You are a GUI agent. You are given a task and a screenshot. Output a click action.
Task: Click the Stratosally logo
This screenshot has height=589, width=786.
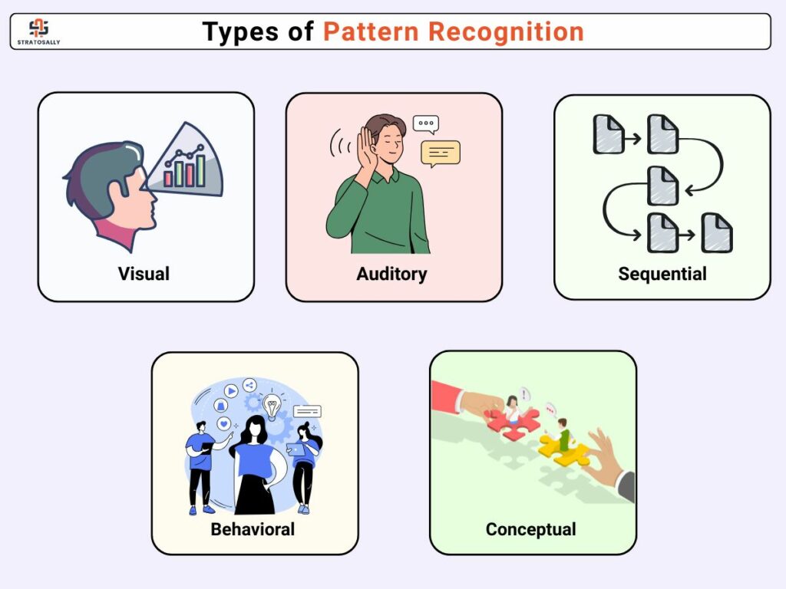pyautogui.click(x=38, y=31)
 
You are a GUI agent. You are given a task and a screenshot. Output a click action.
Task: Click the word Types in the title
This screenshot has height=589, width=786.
pyautogui.click(x=240, y=32)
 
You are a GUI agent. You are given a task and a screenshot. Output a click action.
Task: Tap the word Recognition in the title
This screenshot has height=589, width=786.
pyautogui.click(x=506, y=32)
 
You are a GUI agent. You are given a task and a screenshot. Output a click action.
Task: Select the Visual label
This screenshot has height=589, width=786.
pyautogui.click(x=144, y=274)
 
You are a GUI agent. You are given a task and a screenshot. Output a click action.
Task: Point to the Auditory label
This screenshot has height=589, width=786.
pyautogui.click(x=391, y=275)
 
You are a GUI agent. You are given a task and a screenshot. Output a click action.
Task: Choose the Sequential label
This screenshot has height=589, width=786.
pyautogui.click(x=662, y=274)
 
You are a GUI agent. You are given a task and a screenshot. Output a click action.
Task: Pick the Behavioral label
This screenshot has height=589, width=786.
pyautogui.click(x=253, y=529)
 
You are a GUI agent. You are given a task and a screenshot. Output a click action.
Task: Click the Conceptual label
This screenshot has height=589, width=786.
pyautogui.click(x=531, y=530)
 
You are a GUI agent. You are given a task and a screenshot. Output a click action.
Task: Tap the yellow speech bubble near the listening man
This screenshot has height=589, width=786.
pyautogui.click(x=441, y=154)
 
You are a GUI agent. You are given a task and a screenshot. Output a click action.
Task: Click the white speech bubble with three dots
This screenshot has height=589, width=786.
pyautogui.click(x=426, y=124)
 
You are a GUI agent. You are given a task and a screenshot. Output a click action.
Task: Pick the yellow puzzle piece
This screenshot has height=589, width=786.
pyautogui.click(x=564, y=450)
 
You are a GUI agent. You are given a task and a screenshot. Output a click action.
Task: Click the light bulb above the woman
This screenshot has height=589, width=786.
pyautogui.click(x=272, y=406)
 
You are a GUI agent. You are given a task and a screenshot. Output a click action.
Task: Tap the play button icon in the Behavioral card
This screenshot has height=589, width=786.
pyautogui.click(x=231, y=390)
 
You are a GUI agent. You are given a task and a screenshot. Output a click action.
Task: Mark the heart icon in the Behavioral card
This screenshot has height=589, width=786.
pyautogui.click(x=224, y=423)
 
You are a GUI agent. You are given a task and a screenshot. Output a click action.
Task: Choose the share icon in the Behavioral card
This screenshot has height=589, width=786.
pyautogui.click(x=249, y=385)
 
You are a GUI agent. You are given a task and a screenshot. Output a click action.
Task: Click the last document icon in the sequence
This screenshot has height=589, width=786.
pyautogui.click(x=717, y=232)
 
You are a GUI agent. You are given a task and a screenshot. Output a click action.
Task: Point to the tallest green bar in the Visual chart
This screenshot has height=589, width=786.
pyautogui.click(x=200, y=171)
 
